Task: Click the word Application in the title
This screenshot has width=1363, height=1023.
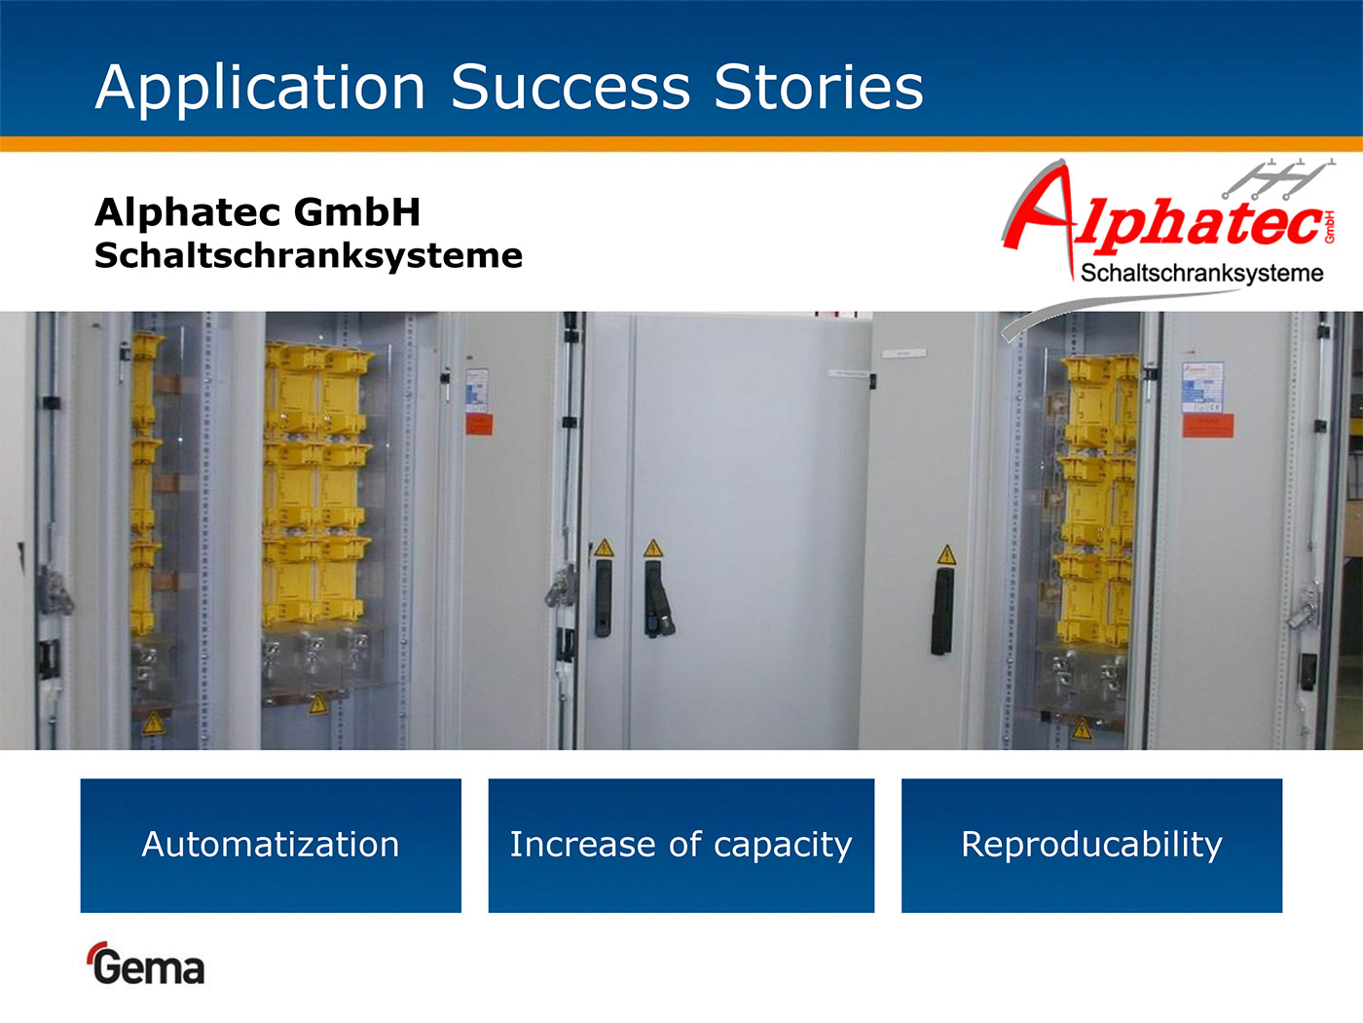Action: (x=260, y=89)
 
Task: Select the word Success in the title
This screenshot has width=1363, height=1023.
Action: (x=571, y=88)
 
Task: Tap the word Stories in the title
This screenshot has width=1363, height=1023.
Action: (x=819, y=88)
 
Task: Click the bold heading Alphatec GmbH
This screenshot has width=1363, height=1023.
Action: (x=258, y=212)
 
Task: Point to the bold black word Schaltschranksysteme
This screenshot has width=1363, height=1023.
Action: (x=309, y=256)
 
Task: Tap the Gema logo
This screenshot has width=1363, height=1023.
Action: (x=146, y=964)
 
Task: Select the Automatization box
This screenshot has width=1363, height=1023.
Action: (x=271, y=846)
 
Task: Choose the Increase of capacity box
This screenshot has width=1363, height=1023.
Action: (x=681, y=846)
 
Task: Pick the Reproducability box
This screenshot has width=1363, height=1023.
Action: (x=1091, y=846)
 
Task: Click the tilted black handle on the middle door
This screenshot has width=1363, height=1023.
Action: (x=657, y=599)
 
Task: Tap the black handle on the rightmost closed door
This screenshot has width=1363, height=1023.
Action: (x=942, y=611)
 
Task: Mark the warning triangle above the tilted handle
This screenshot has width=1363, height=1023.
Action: (x=653, y=549)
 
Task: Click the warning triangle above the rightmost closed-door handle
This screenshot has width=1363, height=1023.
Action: (x=946, y=554)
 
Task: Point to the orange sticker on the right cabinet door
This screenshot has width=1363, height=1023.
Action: (x=1208, y=427)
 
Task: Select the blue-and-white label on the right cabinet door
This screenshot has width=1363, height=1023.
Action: (x=1202, y=388)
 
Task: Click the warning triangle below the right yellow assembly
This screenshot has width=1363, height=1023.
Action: (x=1083, y=729)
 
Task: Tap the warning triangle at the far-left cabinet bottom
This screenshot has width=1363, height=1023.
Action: (x=153, y=724)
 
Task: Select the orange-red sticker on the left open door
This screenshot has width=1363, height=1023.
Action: (x=479, y=424)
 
